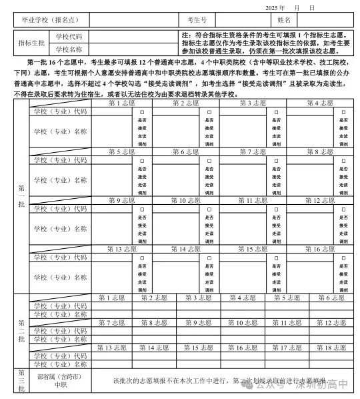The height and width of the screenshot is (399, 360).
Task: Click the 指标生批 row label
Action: [x=31, y=42]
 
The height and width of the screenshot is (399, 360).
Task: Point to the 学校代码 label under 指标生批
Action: [x=69, y=36]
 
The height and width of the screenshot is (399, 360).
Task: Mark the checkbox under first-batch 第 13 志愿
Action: [x=141, y=258]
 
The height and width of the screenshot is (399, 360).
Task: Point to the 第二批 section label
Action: [x=21, y=330]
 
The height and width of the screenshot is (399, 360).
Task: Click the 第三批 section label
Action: [x=21, y=380]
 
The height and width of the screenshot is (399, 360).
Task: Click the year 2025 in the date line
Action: [x=274, y=7]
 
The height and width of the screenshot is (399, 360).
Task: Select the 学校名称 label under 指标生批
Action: [x=69, y=49]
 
